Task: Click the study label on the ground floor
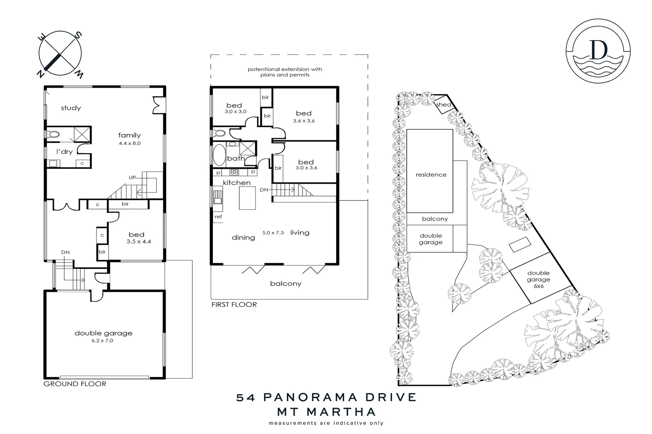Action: [71, 108]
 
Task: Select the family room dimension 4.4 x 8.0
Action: [130, 143]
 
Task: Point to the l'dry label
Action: [64, 152]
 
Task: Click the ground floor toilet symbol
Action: [53, 134]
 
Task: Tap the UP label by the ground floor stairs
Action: [132, 177]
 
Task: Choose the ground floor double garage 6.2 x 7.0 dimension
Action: [103, 341]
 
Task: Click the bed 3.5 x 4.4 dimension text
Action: [138, 242]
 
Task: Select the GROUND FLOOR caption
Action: [75, 384]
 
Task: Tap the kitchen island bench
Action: [247, 198]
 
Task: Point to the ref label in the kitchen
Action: [218, 217]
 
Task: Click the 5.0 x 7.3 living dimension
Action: [273, 233]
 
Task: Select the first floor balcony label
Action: [286, 284]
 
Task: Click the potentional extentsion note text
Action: [285, 72]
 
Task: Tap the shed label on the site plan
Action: [443, 105]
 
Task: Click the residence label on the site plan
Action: [431, 175]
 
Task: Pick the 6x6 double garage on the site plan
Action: [539, 279]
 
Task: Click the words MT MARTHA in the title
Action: [326, 412]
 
